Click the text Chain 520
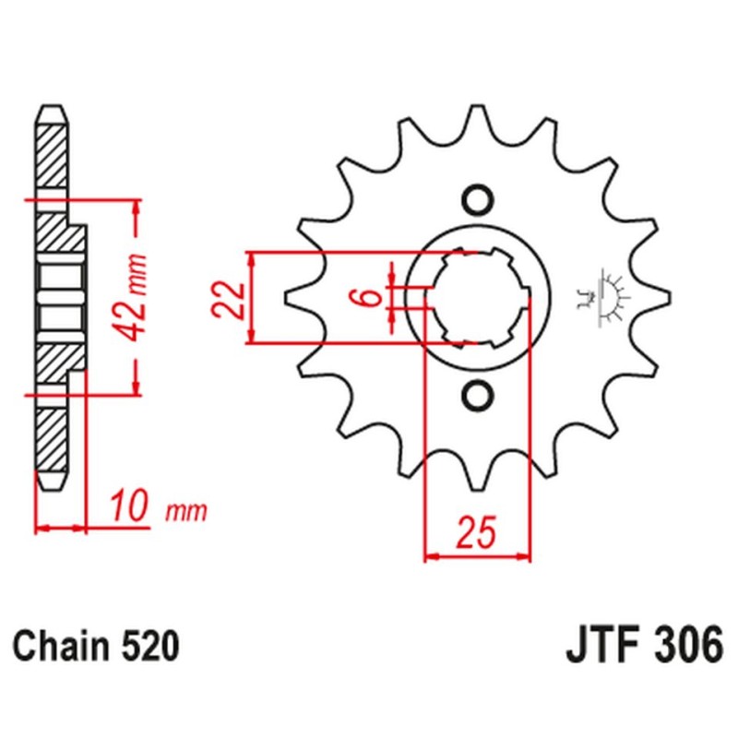pos(95,646)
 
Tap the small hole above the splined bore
pos(478,199)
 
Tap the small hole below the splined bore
pos(478,395)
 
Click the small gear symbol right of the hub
pos(605,297)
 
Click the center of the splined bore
pos(478,297)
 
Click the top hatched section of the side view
pos(52,152)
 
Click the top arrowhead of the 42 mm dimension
pos(137,206)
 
